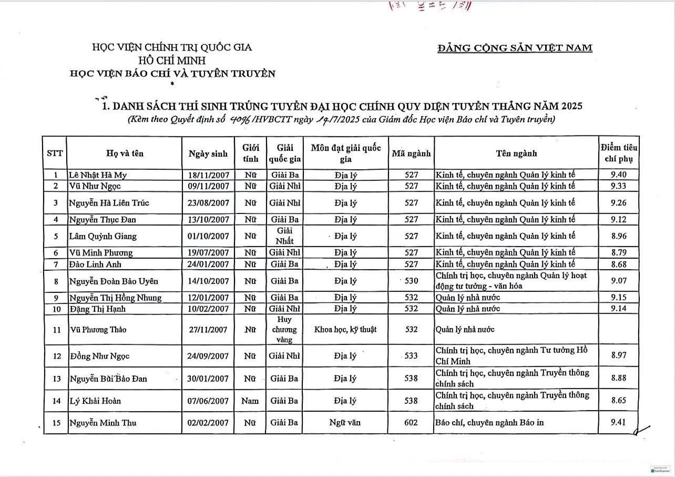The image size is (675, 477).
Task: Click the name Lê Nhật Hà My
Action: [x=98, y=175]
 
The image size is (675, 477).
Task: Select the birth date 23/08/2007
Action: [x=208, y=202]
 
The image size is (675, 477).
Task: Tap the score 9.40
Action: [x=618, y=175]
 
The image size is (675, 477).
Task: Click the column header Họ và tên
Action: [x=124, y=154]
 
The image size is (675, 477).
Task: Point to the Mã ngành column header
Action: [x=411, y=154]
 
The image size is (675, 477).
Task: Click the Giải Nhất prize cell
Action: [x=284, y=236]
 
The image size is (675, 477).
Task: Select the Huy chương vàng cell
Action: [x=284, y=330]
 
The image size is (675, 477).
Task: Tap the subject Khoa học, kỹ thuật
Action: [x=345, y=330]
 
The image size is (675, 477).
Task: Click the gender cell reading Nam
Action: [x=250, y=401]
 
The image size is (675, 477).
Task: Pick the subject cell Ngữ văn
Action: [x=345, y=423]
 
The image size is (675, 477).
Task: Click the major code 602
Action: [x=411, y=423]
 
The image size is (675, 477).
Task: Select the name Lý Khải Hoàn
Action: [x=95, y=401]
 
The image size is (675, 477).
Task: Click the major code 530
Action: [x=411, y=281]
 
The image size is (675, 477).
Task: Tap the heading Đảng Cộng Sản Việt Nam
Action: [x=515, y=48]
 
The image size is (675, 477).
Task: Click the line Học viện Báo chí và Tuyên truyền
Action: [x=172, y=74]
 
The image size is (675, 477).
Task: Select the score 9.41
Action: [x=618, y=422]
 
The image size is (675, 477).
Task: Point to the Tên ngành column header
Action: [x=516, y=154]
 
